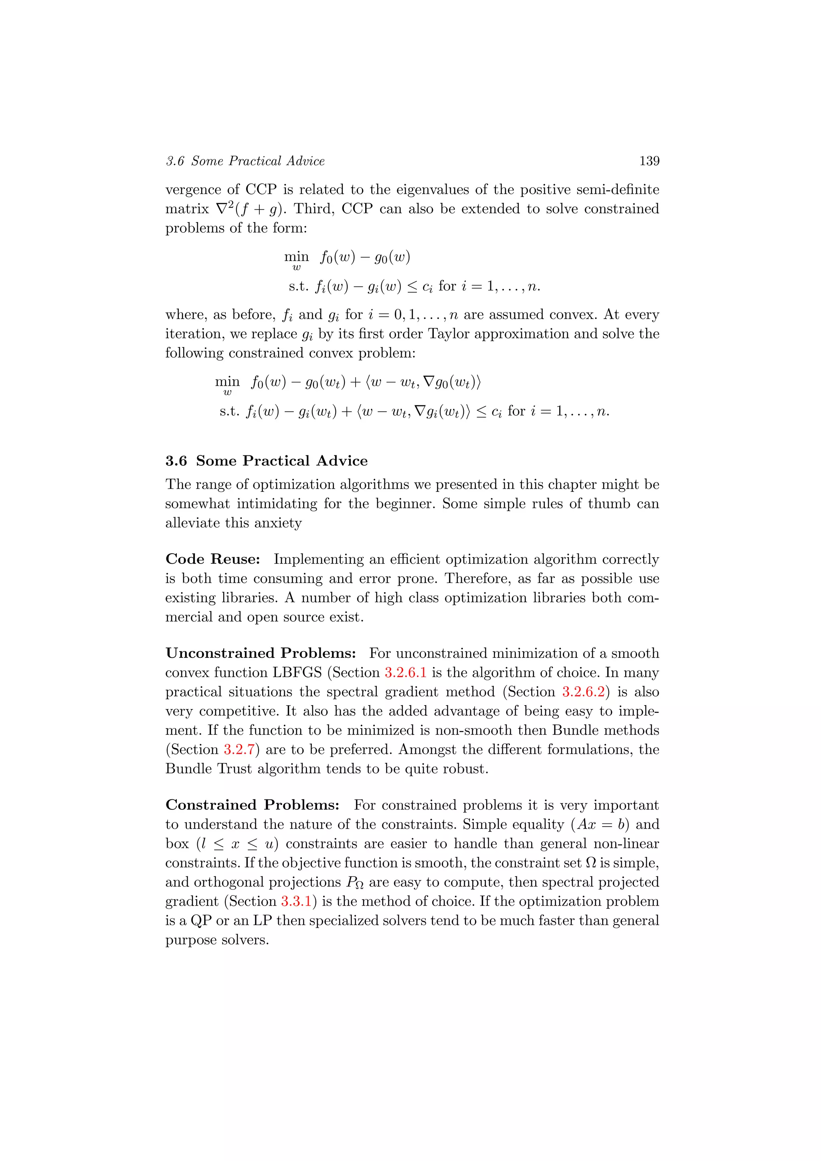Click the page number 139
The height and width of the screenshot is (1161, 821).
[649, 161]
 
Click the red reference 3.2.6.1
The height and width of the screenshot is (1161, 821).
[405, 673]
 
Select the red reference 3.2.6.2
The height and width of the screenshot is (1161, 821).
[583, 692]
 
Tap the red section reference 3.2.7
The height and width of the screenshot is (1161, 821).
[239, 749]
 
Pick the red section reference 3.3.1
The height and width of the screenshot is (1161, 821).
[296, 901]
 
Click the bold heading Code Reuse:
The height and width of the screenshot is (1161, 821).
[213, 559]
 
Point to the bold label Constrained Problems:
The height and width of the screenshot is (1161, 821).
[252, 805]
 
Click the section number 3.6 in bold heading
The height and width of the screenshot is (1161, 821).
[176, 461]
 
